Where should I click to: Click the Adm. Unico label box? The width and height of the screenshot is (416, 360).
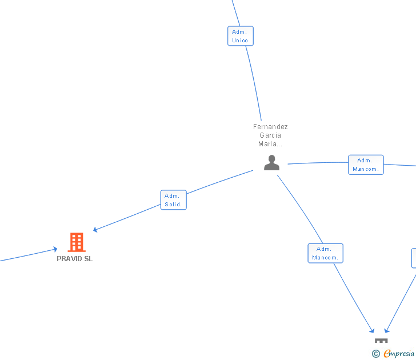click(240, 36)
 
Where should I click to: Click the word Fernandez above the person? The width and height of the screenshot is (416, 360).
click(270, 127)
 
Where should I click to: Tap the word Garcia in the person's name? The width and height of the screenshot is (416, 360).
click(270, 135)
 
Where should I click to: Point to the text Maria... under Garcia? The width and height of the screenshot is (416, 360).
click(270, 144)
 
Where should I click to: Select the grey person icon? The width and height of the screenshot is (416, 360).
click(271, 163)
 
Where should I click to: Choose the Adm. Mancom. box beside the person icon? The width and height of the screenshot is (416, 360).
click(366, 165)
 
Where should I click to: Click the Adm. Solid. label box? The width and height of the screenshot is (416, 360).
click(173, 200)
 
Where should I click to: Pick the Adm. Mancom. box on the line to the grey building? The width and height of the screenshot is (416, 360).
click(325, 253)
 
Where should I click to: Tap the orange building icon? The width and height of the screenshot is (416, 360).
click(76, 242)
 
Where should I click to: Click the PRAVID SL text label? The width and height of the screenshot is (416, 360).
click(74, 259)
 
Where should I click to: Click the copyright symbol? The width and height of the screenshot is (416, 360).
click(376, 354)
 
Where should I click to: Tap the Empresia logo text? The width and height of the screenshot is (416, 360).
click(399, 354)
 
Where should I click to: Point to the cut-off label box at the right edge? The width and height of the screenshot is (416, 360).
click(413, 258)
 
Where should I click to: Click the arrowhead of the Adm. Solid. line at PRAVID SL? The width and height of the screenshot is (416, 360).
click(95, 230)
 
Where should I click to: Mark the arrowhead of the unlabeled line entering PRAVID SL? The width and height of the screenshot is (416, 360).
click(55, 249)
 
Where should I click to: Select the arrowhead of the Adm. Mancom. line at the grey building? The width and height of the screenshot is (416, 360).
click(373, 331)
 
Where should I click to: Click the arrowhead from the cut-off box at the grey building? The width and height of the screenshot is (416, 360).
click(387, 331)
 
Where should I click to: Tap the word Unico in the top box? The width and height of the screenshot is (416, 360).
click(240, 40)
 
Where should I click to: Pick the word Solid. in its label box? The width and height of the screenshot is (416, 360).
click(173, 204)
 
